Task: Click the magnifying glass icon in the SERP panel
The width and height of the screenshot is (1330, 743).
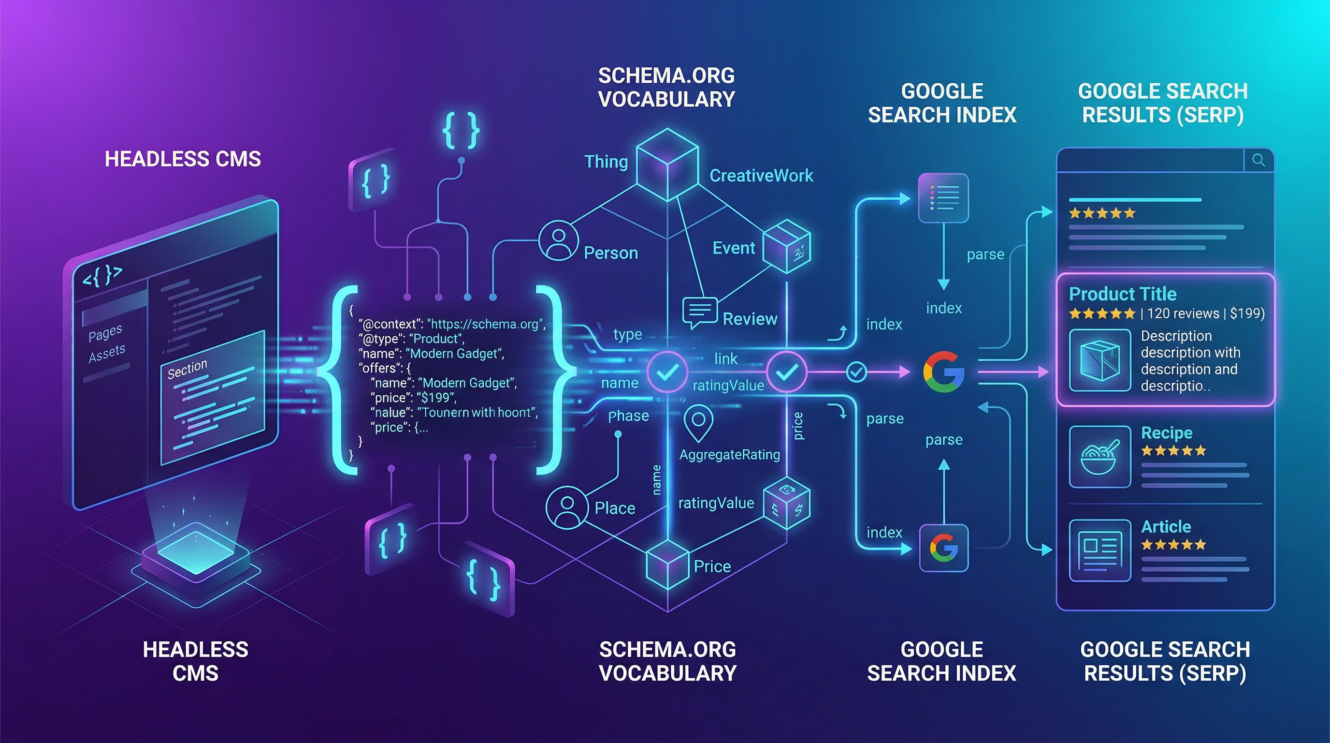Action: pyautogui.click(x=1258, y=160)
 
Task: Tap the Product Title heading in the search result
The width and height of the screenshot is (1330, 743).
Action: pyautogui.click(x=1123, y=294)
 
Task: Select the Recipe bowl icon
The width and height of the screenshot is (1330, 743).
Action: pyautogui.click(x=1100, y=457)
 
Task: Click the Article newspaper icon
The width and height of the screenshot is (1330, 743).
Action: pyautogui.click(x=1100, y=551)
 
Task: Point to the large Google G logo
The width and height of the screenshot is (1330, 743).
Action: pyautogui.click(x=943, y=371)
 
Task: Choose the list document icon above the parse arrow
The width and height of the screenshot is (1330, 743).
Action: pyautogui.click(x=943, y=198)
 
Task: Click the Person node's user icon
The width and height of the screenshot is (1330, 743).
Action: pyautogui.click(x=558, y=241)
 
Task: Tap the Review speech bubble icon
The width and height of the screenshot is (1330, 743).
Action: pyautogui.click(x=700, y=312)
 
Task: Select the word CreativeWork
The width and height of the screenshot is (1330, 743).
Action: pyautogui.click(x=761, y=176)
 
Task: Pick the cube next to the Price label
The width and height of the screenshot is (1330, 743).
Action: pyautogui.click(x=667, y=565)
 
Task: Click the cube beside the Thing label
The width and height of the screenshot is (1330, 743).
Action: pyautogui.click(x=667, y=164)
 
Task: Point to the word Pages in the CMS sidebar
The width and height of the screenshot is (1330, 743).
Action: pyautogui.click(x=105, y=333)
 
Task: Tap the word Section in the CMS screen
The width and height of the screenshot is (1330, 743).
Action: pyautogui.click(x=187, y=369)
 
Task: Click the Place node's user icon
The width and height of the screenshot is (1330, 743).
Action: pyautogui.click(x=567, y=507)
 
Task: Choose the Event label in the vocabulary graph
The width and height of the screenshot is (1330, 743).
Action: pyautogui.click(x=734, y=249)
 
